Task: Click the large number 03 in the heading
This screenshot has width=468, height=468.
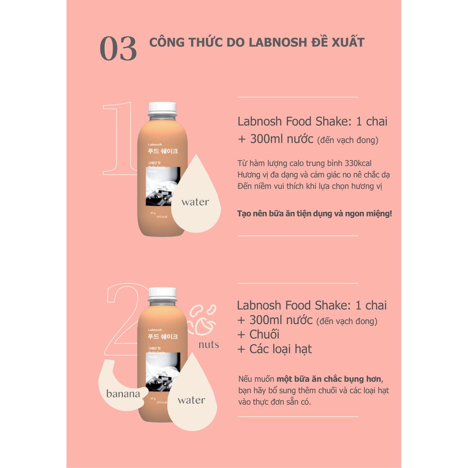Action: coord(118,49)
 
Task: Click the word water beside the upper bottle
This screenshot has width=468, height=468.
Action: coord(195,202)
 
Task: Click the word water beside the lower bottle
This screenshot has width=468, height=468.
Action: coord(191,400)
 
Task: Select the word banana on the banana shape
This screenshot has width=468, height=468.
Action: coord(122,394)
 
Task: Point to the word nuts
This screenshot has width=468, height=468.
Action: coord(208,345)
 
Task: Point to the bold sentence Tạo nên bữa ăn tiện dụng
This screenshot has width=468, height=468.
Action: coord(314,213)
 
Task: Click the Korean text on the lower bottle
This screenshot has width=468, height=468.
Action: coord(162,336)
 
